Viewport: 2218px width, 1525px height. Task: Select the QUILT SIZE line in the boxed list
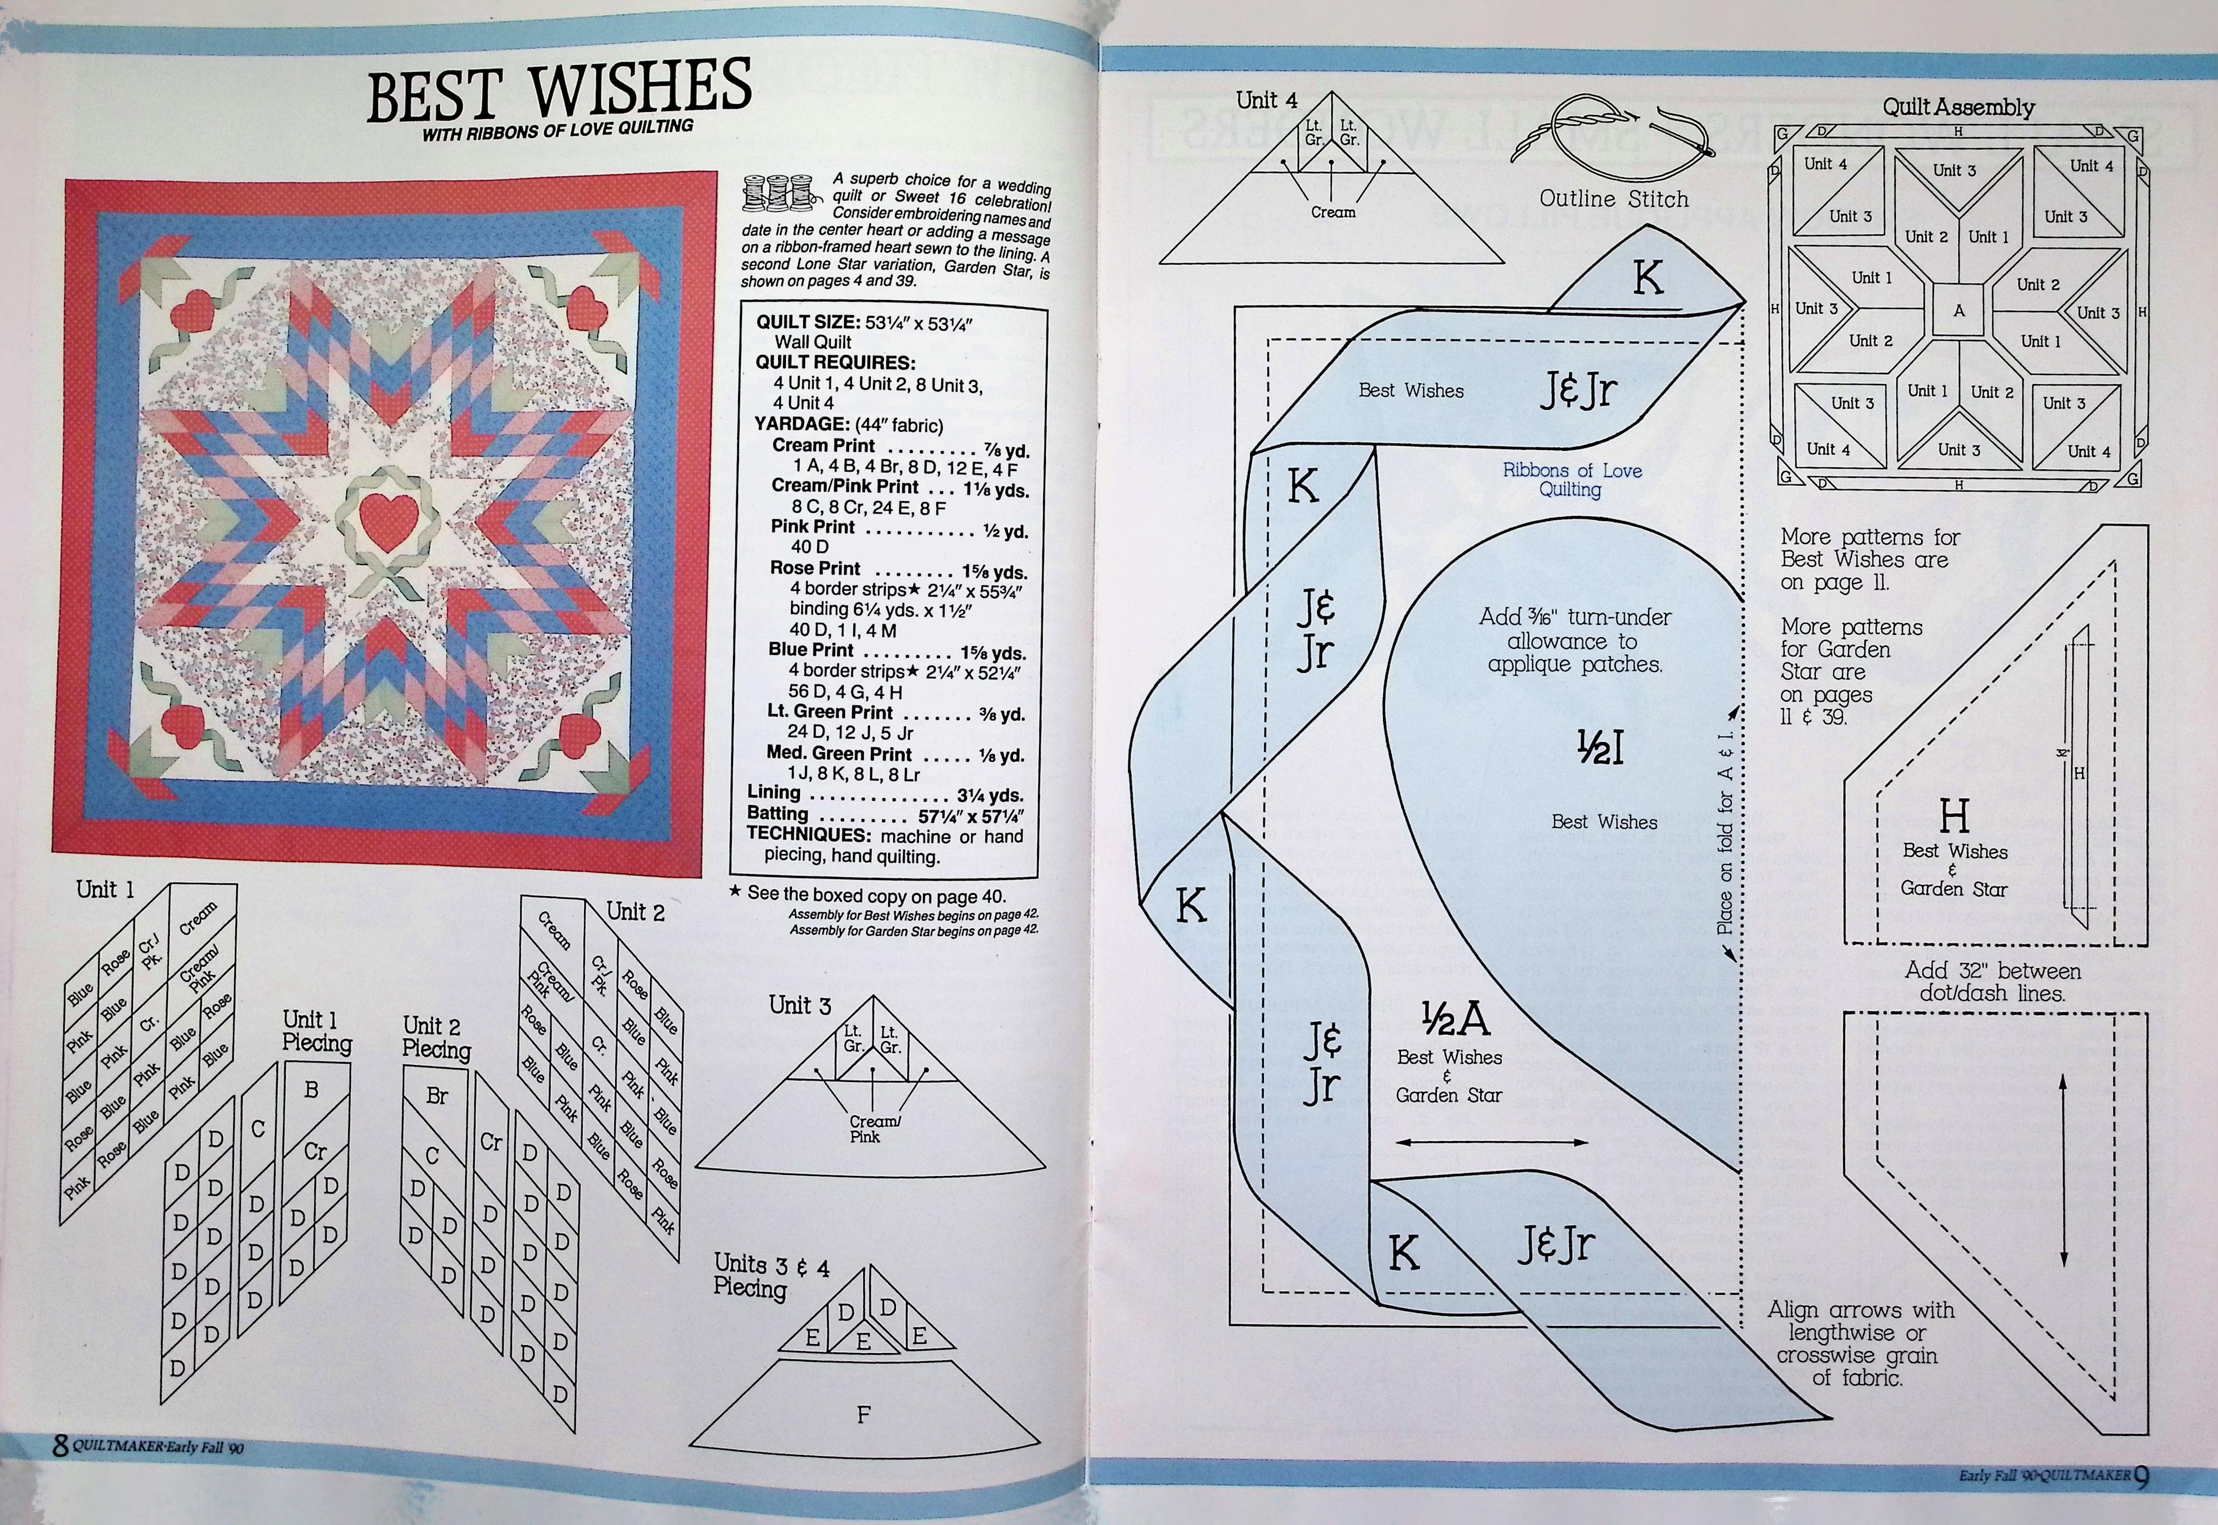click(864, 322)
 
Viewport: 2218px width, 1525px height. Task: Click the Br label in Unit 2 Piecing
click(437, 1096)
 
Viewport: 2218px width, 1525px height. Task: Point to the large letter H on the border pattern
click(1953, 816)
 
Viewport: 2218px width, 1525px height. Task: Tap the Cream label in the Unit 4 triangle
click(1332, 211)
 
